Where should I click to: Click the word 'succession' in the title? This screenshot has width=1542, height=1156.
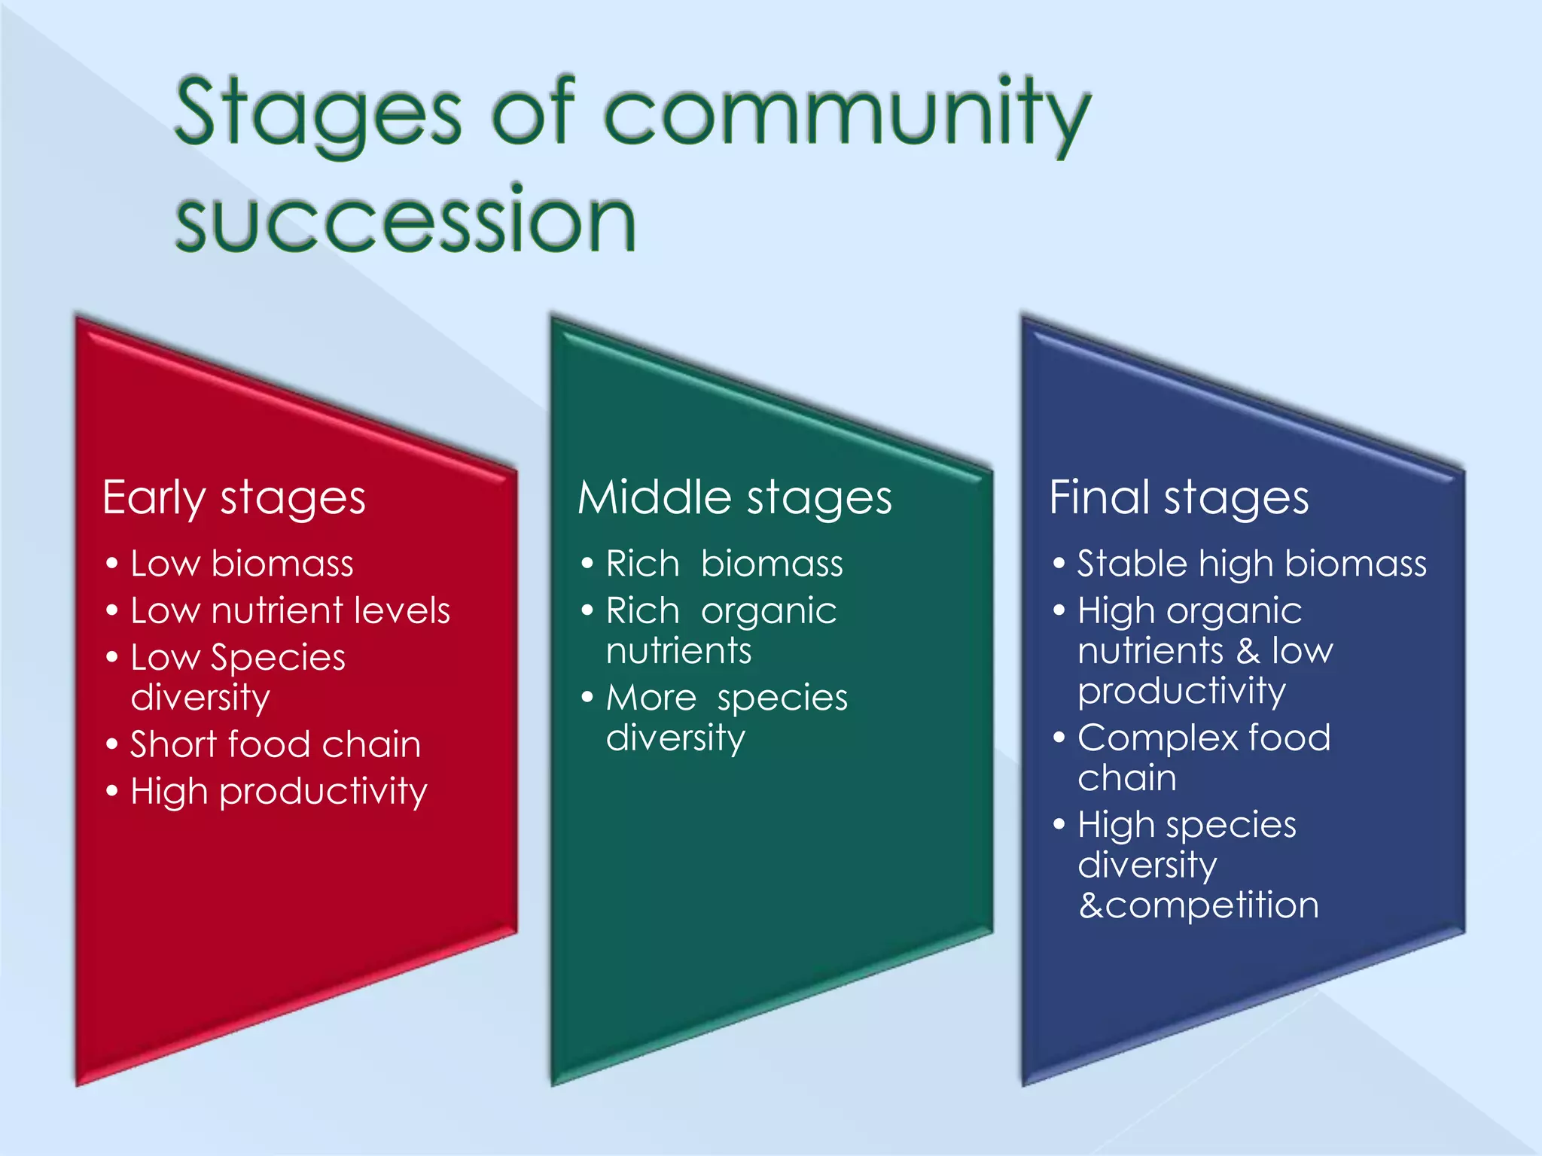pos(405,220)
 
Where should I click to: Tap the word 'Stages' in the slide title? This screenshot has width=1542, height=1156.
pos(318,113)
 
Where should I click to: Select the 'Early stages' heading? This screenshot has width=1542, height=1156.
pos(233,498)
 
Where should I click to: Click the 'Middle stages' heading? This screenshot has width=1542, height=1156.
pos(734,498)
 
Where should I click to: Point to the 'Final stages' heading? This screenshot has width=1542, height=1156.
pos(1178,498)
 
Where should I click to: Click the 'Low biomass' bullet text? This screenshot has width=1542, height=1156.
pos(241,564)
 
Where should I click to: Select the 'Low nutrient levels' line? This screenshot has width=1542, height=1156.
pos(289,610)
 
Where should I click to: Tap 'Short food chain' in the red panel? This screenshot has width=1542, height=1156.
pos(275,744)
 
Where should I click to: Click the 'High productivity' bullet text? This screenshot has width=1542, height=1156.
pos(279,792)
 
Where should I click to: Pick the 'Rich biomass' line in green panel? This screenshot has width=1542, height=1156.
pos(724,564)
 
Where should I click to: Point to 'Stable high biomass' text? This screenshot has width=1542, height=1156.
pos(1251,564)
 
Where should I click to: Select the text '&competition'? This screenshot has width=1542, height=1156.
pos(1198,905)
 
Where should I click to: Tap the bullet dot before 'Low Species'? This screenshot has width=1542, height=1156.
pos(112,657)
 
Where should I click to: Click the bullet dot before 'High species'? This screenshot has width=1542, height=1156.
pos(1059,824)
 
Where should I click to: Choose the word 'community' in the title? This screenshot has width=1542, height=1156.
pos(846,113)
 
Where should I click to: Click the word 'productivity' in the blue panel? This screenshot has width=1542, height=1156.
pos(1181,691)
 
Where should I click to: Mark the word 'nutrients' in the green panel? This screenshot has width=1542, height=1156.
pos(678,650)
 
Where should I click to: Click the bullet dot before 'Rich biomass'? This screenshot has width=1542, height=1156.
pos(587,564)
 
